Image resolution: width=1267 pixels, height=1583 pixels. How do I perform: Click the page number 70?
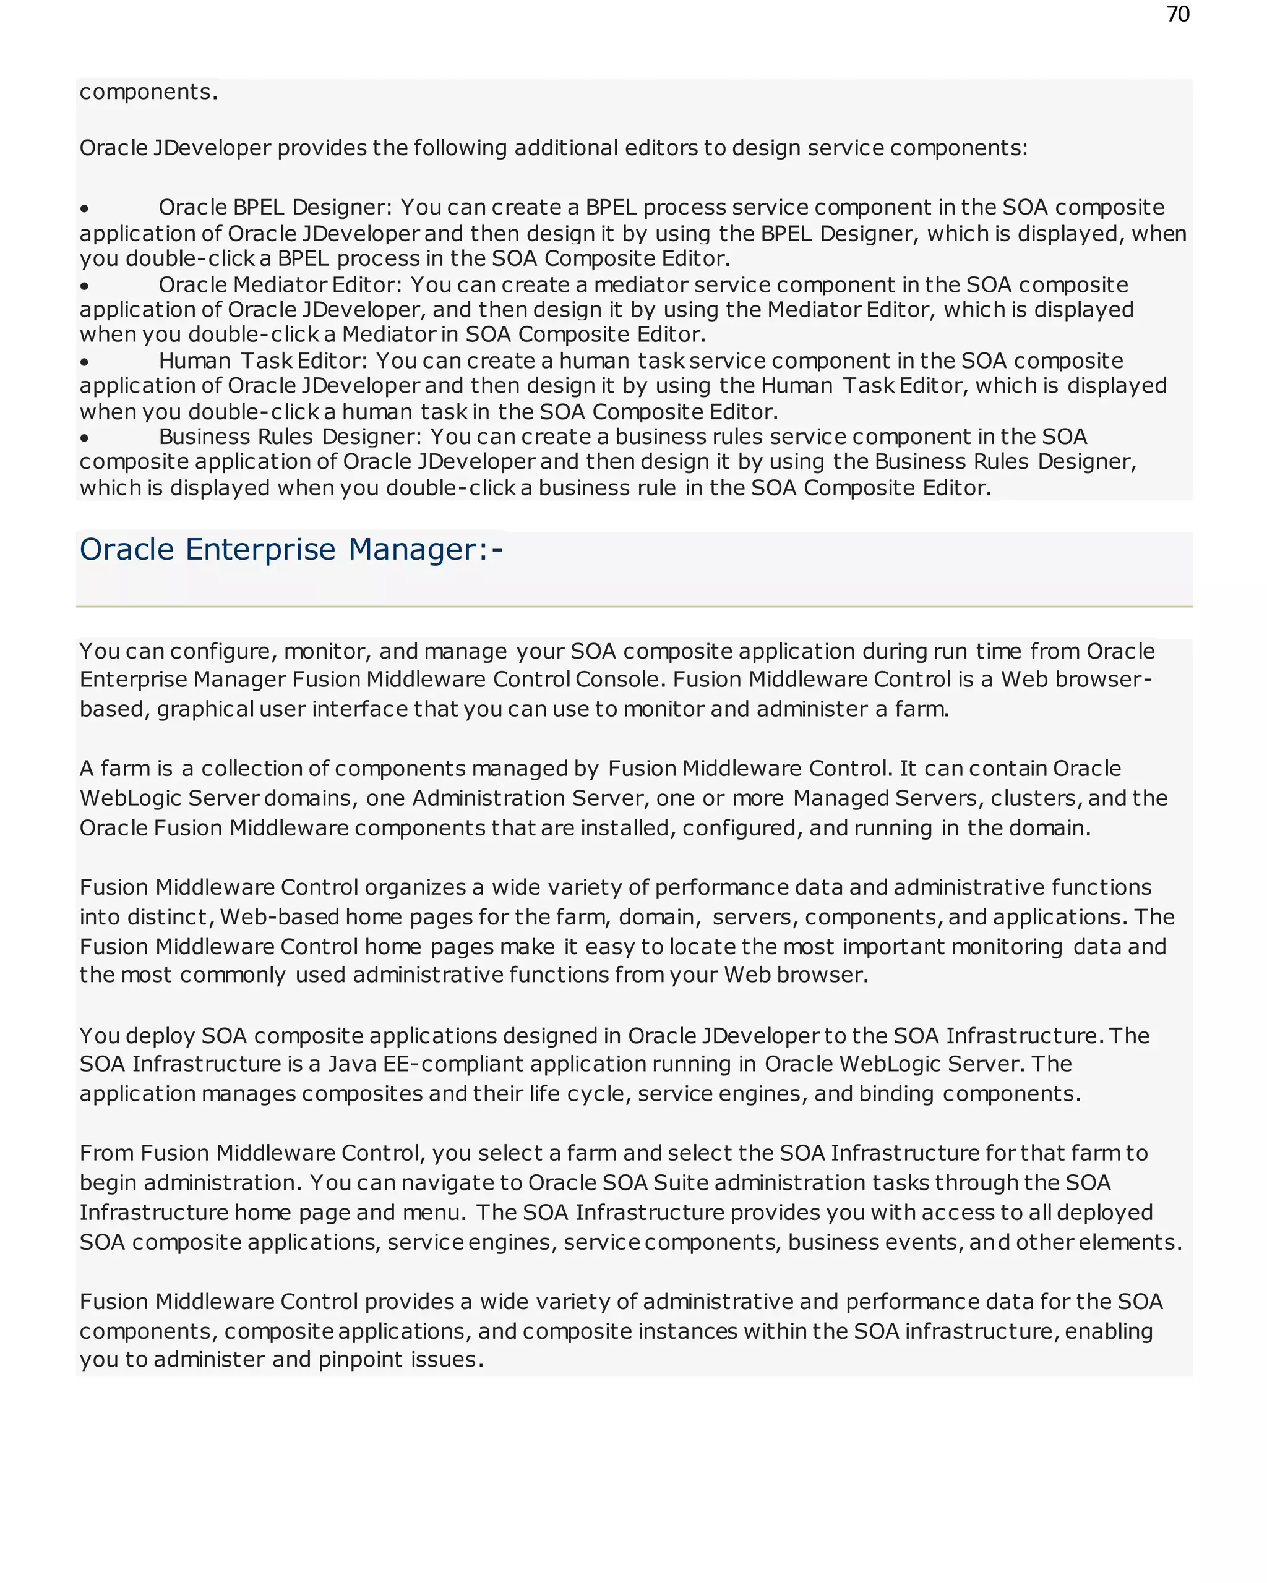click(x=1177, y=15)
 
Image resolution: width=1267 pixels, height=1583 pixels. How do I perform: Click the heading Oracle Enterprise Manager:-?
click(x=291, y=549)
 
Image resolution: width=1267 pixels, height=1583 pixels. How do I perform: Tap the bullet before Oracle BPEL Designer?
click(x=85, y=209)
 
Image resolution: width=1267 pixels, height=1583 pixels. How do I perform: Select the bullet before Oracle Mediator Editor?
click(x=85, y=286)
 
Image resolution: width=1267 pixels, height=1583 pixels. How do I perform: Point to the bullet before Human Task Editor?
click(x=85, y=362)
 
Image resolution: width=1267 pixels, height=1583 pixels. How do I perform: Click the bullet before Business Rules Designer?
click(x=85, y=438)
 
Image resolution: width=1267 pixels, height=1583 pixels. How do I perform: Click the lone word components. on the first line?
click(x=148, y=93)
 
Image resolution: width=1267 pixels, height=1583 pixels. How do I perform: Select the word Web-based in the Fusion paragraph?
click(x=279, y=917)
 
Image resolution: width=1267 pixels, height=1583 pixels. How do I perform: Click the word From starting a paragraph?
click(x=106, y=1153)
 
